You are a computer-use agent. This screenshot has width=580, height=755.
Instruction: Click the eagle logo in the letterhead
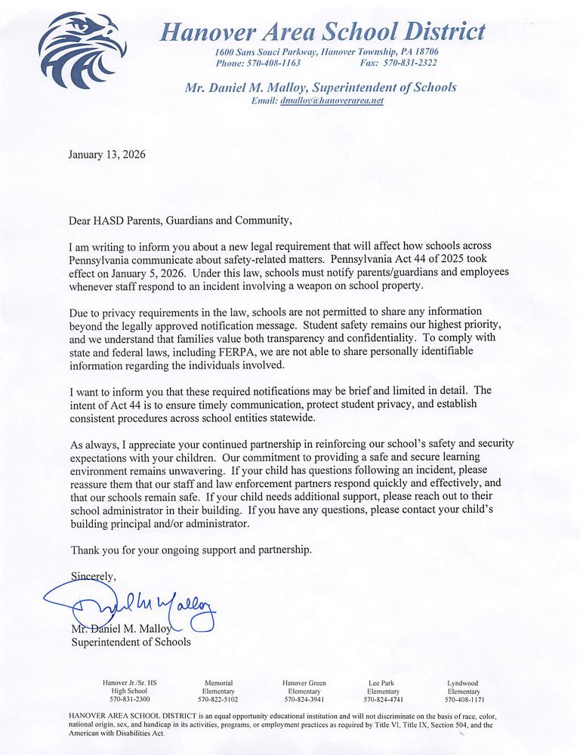[x=82, y=49]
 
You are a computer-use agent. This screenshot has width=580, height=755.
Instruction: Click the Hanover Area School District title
[x=322, y=31]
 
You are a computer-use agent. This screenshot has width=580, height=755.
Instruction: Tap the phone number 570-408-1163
[x=269, y=63]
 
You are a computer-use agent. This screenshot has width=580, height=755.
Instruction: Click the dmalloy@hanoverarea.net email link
[x=332, y=100]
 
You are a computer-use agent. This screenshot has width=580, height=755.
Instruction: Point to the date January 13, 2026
[x=106, y=155]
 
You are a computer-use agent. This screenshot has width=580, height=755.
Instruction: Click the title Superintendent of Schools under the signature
[x=131, y=642]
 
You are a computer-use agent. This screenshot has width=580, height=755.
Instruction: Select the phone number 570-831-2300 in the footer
[x=129, y=700]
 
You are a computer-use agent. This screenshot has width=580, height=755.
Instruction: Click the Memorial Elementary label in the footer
[x=218, y=687]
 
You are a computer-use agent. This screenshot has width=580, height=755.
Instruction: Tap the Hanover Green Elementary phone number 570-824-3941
[x=304, y=700]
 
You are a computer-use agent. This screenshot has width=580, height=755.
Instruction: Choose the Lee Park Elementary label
[x=383, y=687]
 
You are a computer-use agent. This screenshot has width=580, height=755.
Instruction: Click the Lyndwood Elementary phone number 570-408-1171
[x=463, y=700]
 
